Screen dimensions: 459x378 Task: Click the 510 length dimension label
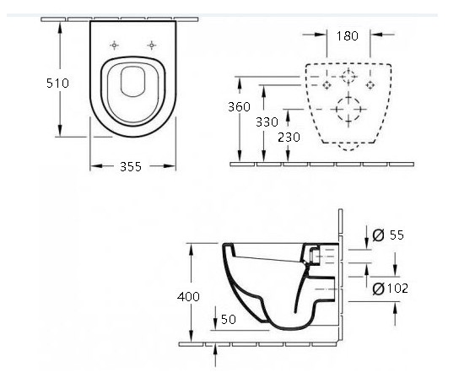(57, 84)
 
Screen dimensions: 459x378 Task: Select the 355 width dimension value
(131, 167)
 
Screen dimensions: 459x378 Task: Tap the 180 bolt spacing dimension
(347, 36)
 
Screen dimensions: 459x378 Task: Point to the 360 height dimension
(239, 107)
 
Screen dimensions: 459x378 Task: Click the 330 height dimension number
(267, 122)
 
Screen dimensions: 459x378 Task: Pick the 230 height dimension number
(289, 138)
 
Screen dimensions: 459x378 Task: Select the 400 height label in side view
(188, 297)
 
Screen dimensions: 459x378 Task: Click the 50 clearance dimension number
(229, 320)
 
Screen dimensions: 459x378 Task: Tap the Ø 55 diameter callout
(388, 235)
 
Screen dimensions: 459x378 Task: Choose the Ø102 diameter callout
(390, 289)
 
